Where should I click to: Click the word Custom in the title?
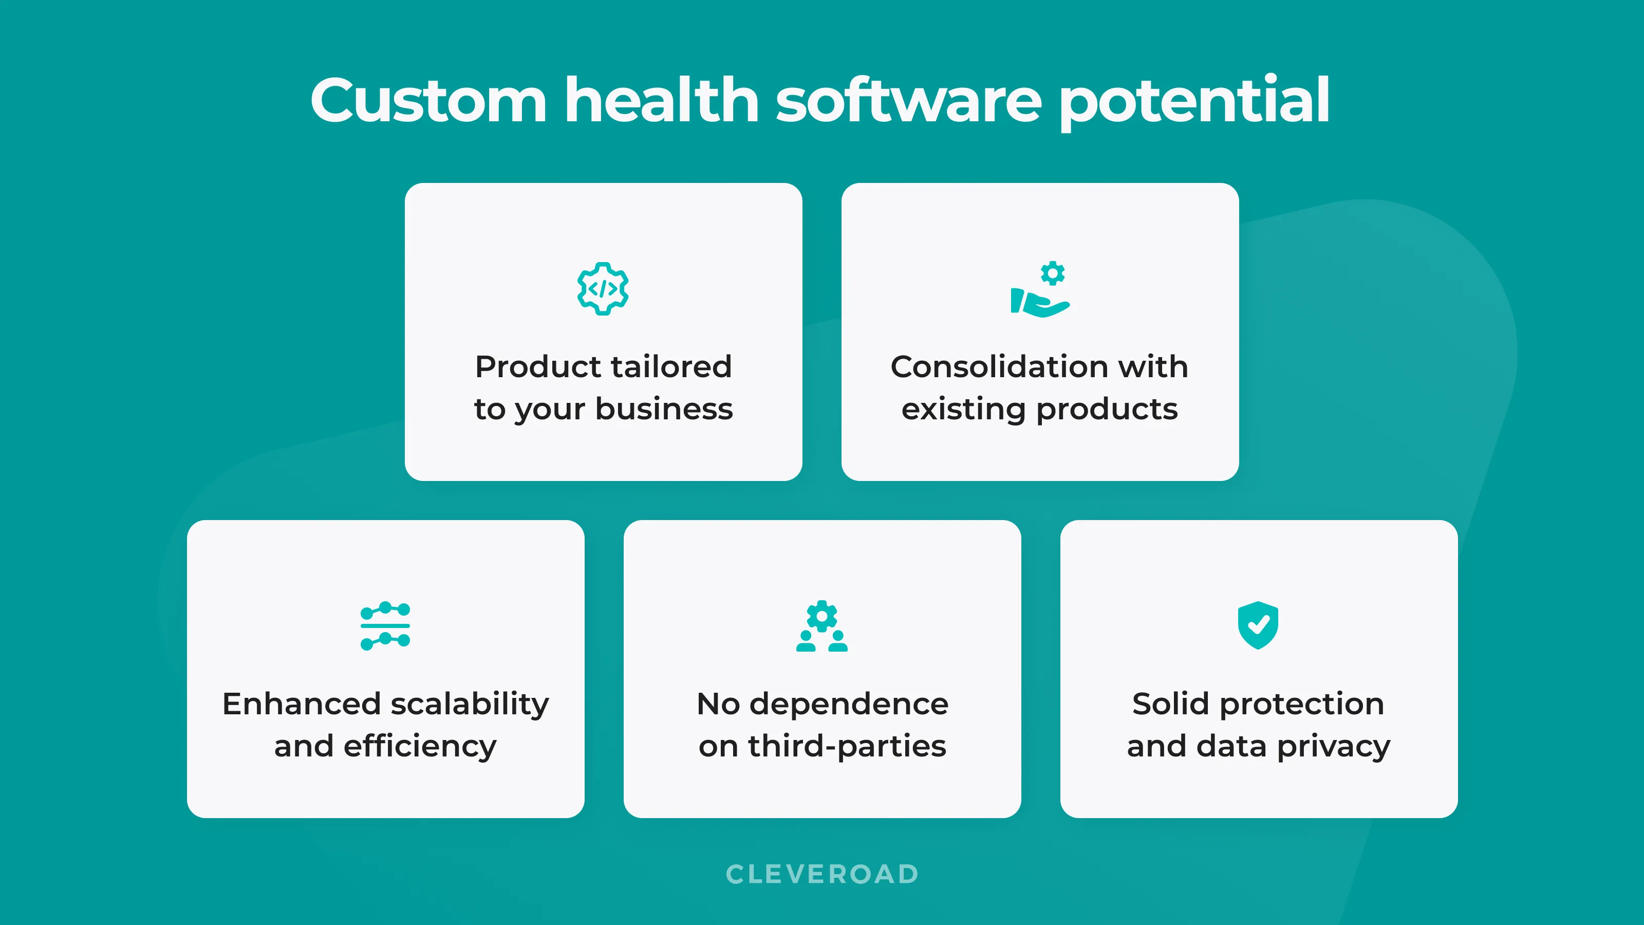(x=428, y=100)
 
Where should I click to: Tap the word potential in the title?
(x=1194, y=102)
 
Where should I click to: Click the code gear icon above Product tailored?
(x=603, y=288)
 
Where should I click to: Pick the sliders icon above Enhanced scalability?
(x=385, y=625)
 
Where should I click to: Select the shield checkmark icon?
(x=1258, y=625)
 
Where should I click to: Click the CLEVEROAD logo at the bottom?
(x=822, y=874)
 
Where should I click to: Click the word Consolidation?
(x=993, y=366)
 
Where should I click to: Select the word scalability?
(x=469, y=705)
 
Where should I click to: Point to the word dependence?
(x=849, y=704)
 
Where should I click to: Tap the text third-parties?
(x=847, y=747)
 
